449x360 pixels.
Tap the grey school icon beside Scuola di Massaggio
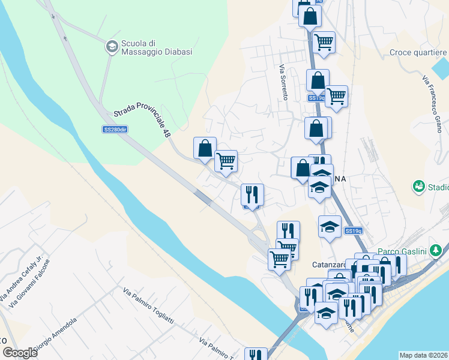112,46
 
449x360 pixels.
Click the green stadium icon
418,187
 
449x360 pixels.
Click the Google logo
20,353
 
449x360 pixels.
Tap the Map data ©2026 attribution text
424,355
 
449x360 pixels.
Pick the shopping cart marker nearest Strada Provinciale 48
226,160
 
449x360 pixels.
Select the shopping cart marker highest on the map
324,42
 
